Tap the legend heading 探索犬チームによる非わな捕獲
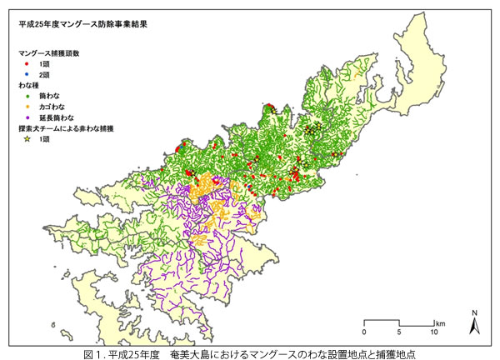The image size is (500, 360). pyautogui.click(x=70, y=129)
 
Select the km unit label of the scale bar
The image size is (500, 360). pyautogui.click(x=440, y=322)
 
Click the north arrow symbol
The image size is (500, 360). pyautogui.click(x=474, y=327)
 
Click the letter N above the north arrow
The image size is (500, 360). pyautogui.click(x=474, y=313)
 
